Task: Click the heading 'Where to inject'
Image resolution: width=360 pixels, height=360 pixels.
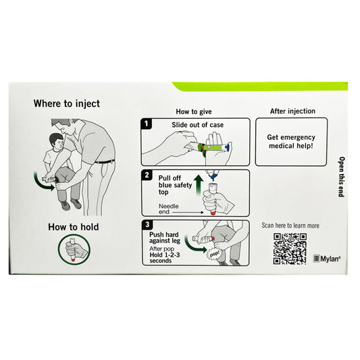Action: click(x=67, y=103)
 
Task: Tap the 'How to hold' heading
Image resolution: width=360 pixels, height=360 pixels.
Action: click(x=74, y=227)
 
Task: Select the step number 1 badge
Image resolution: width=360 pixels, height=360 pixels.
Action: click(x=147, y=124)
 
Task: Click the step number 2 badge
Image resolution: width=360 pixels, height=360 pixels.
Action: click(x=147, y=176)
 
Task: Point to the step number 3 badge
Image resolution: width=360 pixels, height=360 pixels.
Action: click(x=147, y=225)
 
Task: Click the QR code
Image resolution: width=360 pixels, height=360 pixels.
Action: click(x=290, y=249)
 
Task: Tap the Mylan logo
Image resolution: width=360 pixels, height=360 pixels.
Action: click(x=327, y=259)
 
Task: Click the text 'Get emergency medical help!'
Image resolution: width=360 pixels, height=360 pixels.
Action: click(x=291, y=141)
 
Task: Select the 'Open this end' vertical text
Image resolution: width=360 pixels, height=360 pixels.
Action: click(x=342, y=177)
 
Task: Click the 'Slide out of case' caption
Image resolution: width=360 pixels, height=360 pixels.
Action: click(x=197, y=125)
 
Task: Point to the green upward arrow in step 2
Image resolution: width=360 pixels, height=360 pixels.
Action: click(x=199, y=184)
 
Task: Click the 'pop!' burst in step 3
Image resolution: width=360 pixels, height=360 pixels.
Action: click(x=215, y=254)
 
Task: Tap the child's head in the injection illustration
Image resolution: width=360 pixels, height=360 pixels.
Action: click(x=57, y=141)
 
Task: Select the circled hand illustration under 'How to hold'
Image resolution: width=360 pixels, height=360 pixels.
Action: click(x=74, y=250)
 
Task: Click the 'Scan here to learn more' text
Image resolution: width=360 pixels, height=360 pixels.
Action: click(x=290, y=226)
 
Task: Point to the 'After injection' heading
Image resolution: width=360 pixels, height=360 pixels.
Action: click(x=292, y=111)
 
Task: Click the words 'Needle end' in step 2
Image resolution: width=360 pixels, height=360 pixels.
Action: click(x=168, y=209)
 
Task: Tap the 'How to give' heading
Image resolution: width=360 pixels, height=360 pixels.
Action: click(x=194, y=111)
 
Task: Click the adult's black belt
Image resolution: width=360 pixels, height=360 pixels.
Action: click(x=105, y=161)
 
